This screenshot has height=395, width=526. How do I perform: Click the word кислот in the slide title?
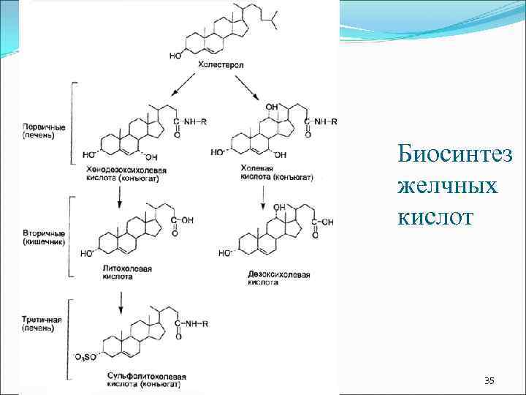(x=436, y=217)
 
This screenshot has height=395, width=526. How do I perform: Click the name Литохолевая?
(x=127, y=269)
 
